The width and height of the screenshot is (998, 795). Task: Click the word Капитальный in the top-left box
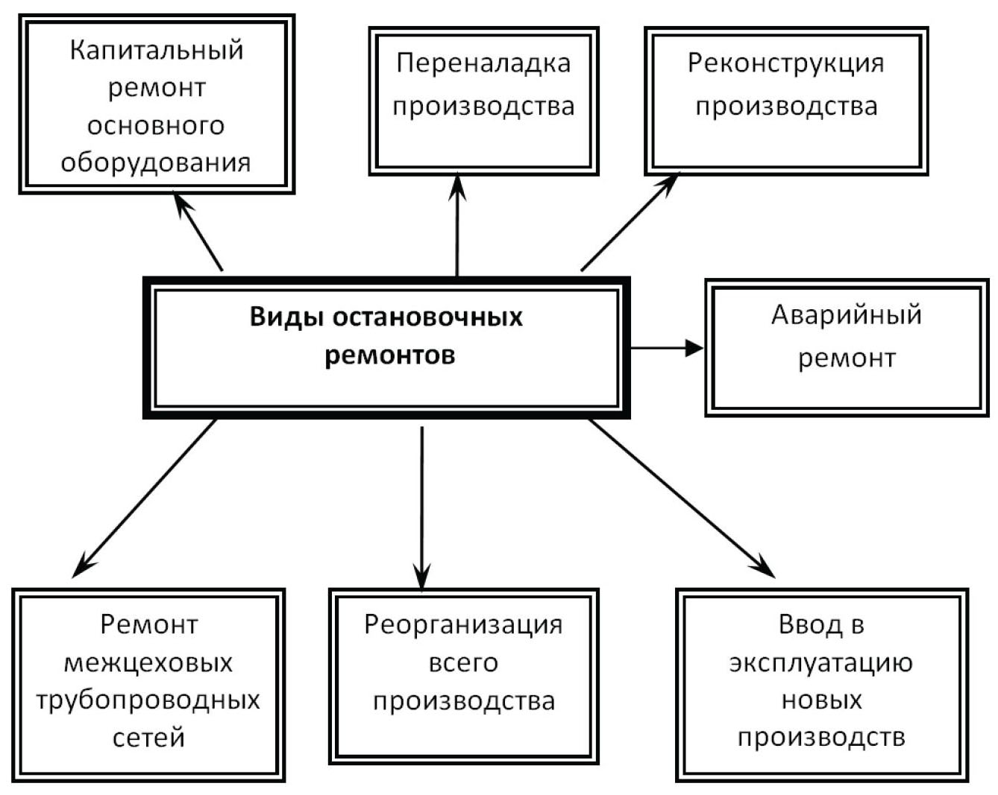(157, 51)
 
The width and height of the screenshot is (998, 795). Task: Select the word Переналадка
(483, 63)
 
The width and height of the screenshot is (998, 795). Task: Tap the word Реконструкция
(785, 63)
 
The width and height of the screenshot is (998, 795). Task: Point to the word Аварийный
(846, 315)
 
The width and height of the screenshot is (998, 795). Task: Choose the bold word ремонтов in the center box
(389, 355)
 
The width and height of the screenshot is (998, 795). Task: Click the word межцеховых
(148, 662)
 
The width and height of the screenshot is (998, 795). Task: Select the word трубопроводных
(148, 700)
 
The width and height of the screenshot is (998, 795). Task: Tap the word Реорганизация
(463, 624)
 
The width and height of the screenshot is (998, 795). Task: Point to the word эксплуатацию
(820, 662)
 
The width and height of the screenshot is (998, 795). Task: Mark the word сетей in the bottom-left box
(148, 738)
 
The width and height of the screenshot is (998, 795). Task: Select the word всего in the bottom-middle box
(463, 662)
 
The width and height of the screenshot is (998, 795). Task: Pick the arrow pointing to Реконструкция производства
(630, 222)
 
